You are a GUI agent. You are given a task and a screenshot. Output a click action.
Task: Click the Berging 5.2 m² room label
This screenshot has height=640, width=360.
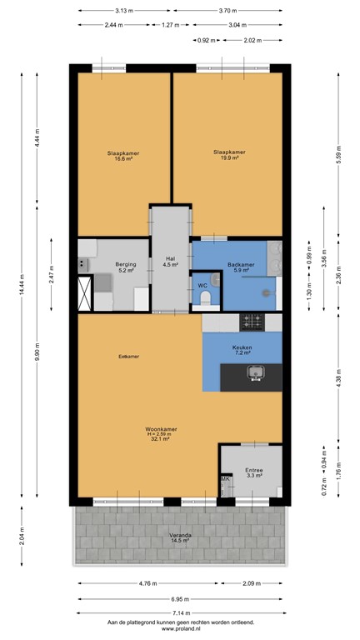click(126, 267)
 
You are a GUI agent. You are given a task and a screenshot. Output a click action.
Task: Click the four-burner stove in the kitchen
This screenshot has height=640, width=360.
click(252, 321)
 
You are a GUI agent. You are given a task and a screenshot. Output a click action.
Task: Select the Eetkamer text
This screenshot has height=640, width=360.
click(128, 356)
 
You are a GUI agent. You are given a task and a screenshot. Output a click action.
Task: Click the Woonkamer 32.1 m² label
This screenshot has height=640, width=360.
click(159, 434)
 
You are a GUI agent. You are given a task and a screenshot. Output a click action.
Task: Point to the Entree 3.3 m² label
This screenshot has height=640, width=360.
click(253, 473)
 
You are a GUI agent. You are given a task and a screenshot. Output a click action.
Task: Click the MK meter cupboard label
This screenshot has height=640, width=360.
click(224, 479)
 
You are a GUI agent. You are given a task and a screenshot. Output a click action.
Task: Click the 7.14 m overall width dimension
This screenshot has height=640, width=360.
click(180, 612)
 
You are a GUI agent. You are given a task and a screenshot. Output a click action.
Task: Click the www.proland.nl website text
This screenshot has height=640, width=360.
click(180, 630)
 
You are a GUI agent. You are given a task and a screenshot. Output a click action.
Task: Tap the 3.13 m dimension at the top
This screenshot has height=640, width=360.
click(127, 11)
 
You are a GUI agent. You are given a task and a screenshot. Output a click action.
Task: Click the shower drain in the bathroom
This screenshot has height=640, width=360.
click(268, 292)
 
